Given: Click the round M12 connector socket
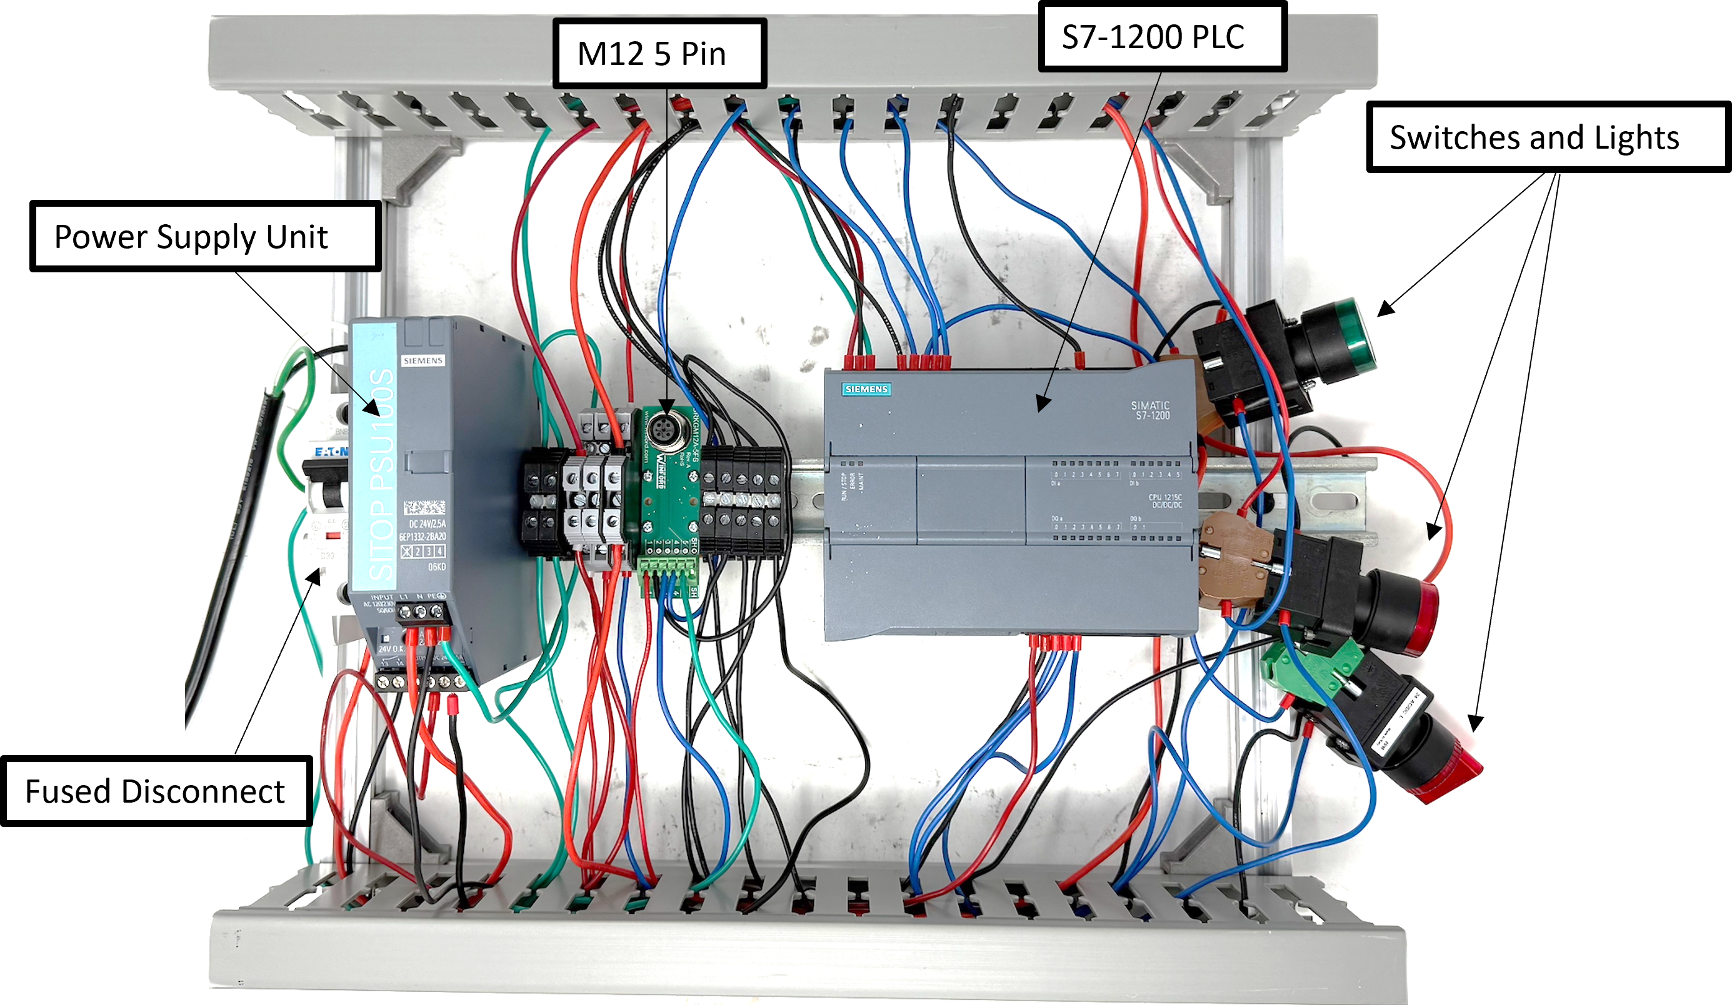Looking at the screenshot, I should [663, 431].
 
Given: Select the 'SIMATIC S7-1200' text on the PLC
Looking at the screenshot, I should [1151, 410].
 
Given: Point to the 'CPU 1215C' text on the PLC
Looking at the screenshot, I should [1166, 500].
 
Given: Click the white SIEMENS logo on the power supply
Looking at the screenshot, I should [423, 360].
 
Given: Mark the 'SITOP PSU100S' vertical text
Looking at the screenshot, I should [382, 474].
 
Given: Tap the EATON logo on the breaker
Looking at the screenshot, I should [331, 452].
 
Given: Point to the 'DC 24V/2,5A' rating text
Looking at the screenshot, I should [428, 524].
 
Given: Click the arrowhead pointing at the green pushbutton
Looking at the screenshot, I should [1384, 310].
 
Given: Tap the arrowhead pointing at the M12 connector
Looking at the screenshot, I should [666, 408].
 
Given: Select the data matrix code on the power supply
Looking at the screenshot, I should [424, 508].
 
